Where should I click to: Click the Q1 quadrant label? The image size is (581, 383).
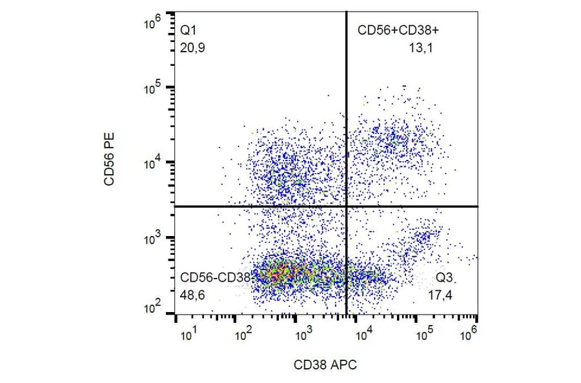pos(188,30)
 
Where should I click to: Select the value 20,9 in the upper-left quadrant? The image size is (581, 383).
pos(192,47)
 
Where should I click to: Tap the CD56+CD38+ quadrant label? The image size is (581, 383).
pos(399,30)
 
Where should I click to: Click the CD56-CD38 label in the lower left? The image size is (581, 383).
pos(214,277)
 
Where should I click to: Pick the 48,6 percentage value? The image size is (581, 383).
pos(192,295)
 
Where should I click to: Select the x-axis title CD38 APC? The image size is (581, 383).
pos(326,365)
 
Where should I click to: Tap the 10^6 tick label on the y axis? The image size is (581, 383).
pos(153,25)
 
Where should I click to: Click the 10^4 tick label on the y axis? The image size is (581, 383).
pos(153,164)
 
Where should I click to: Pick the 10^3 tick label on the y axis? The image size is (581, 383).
pos(153,239)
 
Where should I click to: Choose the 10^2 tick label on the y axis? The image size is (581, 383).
pos(153,309)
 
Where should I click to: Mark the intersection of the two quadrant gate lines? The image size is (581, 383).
pos(347,206)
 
